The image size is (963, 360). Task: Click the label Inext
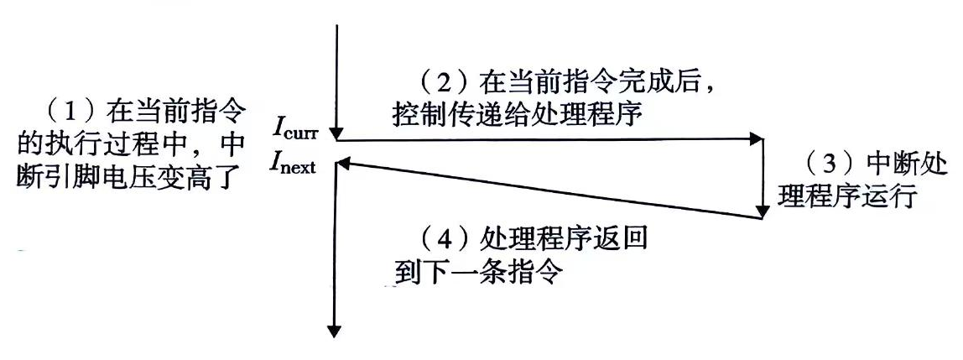click(293, 164)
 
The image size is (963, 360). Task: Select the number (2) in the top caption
click(445, 84)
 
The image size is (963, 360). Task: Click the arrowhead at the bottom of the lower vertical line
click(336, 329)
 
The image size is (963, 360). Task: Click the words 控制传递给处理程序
click(516, 113)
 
